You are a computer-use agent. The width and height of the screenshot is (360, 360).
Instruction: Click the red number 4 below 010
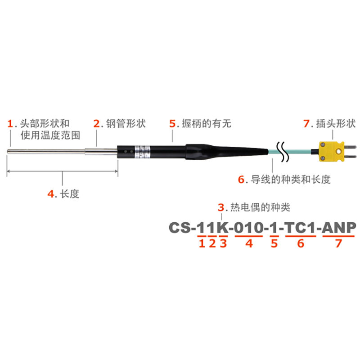pyautogui.click(x=249, y=244)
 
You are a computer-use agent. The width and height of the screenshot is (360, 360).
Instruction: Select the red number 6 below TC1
pyautogui.click(x=301, y=244)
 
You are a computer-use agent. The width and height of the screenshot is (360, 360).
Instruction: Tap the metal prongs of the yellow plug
pyautogui.click(x=351, y=150)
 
